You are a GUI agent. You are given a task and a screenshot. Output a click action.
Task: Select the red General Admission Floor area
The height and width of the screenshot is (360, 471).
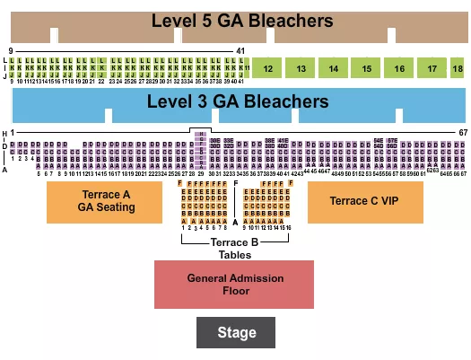(235, 285)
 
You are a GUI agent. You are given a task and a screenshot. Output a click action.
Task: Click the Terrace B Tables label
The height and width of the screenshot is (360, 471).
(234, 249)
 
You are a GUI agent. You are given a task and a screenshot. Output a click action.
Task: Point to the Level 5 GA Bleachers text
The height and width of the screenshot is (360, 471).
(241, 21)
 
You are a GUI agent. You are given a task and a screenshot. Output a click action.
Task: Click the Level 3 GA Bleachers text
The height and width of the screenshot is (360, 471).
(238, 101)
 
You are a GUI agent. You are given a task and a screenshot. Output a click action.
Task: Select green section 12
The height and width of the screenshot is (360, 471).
(268, 68)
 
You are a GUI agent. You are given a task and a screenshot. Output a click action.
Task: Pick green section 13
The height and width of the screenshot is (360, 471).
(301, 68)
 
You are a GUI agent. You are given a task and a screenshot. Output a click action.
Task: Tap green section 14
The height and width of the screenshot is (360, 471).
(334, 68)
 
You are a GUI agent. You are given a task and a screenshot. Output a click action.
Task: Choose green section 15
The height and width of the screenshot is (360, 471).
(367, 68)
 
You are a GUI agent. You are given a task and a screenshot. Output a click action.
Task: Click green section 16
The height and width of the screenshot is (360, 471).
(399, 68)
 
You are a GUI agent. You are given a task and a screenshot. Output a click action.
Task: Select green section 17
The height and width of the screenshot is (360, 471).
(432, 68)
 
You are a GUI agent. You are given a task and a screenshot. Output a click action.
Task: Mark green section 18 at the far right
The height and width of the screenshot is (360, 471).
(458, 68)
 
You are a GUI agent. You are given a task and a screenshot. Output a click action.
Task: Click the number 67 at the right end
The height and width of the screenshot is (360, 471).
(463, 132)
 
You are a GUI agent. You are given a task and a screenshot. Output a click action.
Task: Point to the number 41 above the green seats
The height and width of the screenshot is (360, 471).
(240, 50)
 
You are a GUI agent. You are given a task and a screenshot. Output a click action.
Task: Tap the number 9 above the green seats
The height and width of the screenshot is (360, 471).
(10, 50)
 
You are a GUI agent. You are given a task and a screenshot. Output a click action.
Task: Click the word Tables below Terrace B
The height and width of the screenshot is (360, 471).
(234, 254)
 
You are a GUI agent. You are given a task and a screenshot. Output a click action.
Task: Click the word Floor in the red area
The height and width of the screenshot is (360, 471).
(235, 291)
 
